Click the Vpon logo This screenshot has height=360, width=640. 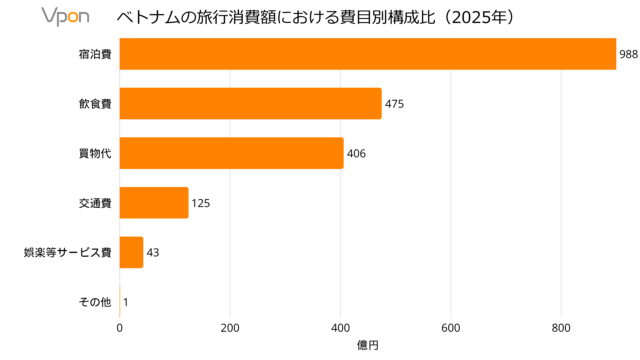(65, 17)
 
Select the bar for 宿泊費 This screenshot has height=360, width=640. (368, 54)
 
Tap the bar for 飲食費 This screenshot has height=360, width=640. (250, 104)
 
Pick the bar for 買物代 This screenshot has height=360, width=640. (231, 153)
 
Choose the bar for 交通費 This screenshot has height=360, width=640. (154, 203)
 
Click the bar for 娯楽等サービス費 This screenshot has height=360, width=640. (131, 252)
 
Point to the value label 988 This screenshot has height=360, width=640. (628, 54)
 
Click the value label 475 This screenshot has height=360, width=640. (394, 104)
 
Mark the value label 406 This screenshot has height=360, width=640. (356, 153)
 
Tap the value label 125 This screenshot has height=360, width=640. (201, 203)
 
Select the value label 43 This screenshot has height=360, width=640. (153, 252)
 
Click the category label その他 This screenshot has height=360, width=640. (95, 302)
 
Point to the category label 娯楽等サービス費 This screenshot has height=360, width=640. (68, 252)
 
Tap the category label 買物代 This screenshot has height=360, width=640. (95, 153)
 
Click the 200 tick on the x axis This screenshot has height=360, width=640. (230, 328)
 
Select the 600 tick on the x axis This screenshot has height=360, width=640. (451, 328)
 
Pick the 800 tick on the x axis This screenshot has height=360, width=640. (561, 328)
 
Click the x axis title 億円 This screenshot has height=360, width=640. (368, 345)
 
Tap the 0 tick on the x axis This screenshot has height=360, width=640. (120, 328)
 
